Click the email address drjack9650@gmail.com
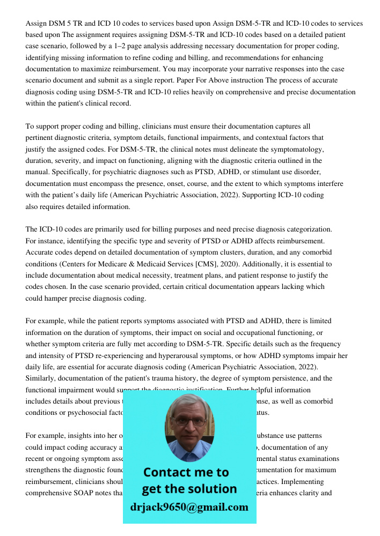(189, 507)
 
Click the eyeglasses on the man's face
(187, 421)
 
